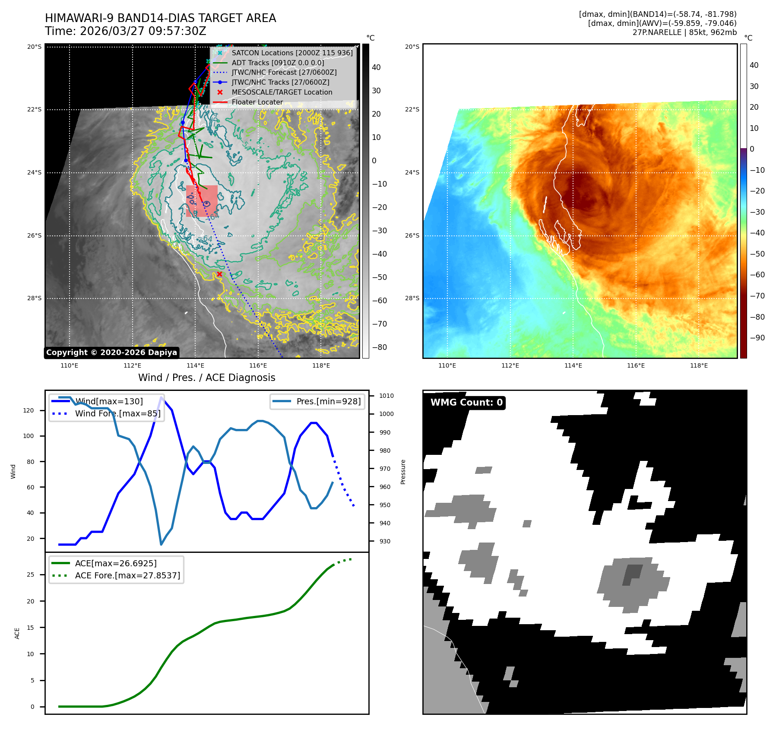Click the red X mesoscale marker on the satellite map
219,274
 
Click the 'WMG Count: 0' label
466,403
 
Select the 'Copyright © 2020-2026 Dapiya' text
111,352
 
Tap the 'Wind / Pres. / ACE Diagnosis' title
206,378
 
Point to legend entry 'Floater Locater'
257,102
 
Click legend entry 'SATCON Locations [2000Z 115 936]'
292,53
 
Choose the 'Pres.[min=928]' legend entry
328,401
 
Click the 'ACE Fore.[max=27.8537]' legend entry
127,575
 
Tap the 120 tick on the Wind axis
29,410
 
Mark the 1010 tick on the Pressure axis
386,396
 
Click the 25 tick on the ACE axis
30,574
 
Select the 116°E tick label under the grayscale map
258,365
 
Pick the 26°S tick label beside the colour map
412,235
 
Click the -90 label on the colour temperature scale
757,338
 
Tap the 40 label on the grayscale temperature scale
376,67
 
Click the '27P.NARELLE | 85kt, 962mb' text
684,32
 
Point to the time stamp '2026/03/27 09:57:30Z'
143,32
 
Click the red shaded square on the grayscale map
202,201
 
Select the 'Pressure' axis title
403,472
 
